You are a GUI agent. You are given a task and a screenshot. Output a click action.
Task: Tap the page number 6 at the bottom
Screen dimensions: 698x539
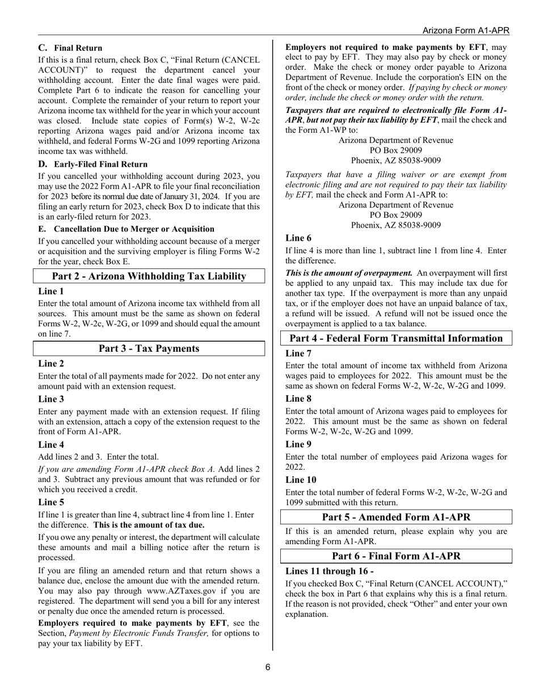[268, 667]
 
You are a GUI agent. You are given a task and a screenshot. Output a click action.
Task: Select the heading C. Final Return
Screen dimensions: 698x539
[70, 48]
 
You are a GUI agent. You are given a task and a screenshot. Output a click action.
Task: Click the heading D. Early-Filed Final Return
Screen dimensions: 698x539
[92, 165]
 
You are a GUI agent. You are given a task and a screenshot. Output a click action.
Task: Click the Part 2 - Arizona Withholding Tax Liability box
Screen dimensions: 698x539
[149, 276]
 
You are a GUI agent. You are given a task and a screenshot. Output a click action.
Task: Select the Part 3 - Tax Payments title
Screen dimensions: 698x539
[149, 348]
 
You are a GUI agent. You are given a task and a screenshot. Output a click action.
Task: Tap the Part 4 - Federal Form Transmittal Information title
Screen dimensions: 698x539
[396, 339]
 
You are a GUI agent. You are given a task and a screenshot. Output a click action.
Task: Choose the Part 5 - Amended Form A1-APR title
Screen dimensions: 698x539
[396, 517]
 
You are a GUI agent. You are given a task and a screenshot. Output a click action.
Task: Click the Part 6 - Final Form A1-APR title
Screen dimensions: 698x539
[396, 556]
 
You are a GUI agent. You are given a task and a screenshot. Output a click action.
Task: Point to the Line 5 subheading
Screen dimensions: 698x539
[51, 502]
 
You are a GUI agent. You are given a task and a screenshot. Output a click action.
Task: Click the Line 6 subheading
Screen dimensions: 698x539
[298, 238]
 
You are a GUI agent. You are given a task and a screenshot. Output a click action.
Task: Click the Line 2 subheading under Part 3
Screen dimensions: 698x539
[51, 364]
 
